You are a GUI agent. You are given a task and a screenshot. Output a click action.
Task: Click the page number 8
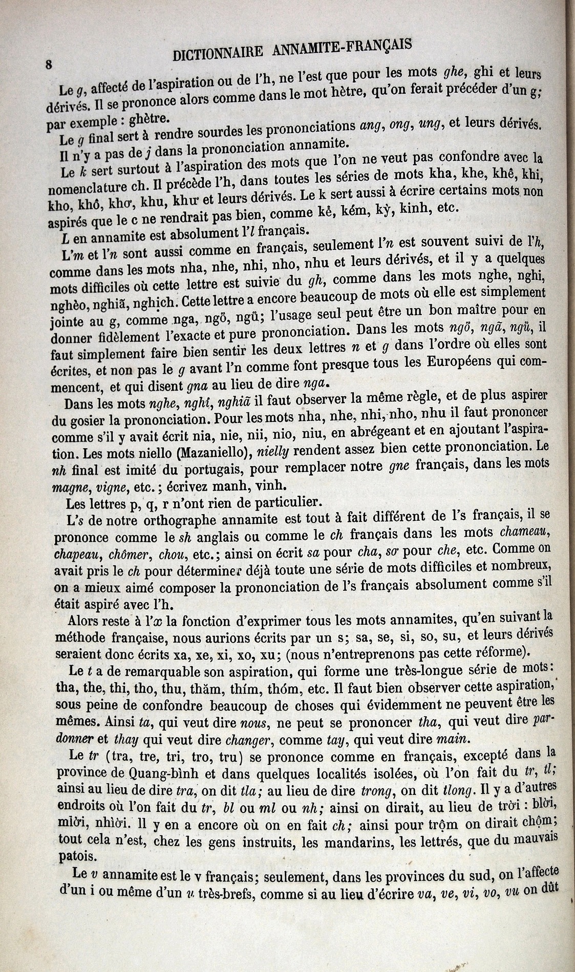point(49,64)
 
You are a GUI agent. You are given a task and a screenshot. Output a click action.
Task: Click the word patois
point(73,855)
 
